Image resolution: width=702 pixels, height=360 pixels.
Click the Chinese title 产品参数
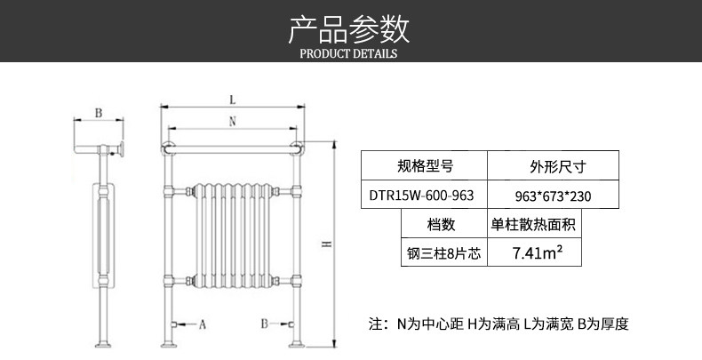(x=349, y=29)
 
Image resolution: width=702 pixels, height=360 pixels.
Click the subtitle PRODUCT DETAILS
(x=349, y=53)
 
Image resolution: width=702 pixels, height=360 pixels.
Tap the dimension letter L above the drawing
(x=231, y=99)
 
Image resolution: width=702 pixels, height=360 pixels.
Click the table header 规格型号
(x=425, y=166)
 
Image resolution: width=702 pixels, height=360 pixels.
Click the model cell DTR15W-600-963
(x=425, y=195)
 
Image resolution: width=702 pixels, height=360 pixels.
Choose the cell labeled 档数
(x=441, y=224)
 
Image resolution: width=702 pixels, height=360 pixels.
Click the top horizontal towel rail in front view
(x=231, y=142)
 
